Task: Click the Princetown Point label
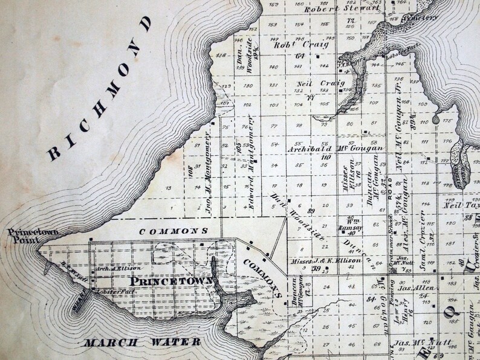click(24, 235)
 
